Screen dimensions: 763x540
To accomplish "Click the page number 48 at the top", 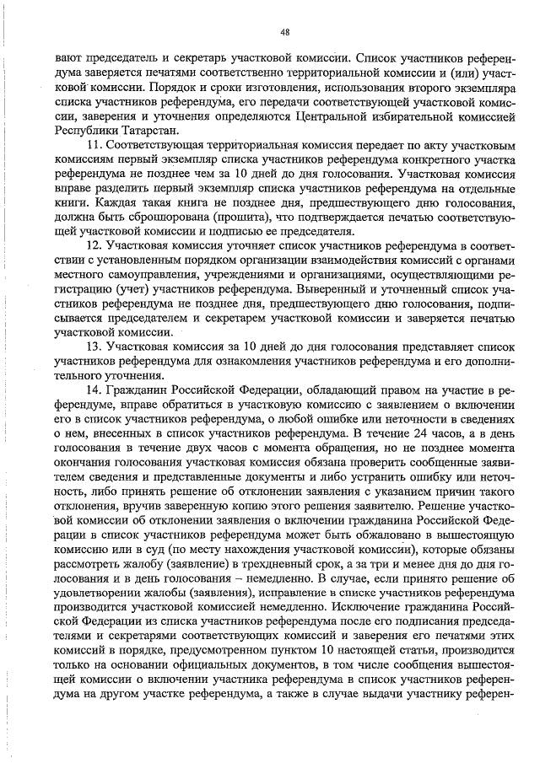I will pyautogui.click(x=284, y=32).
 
